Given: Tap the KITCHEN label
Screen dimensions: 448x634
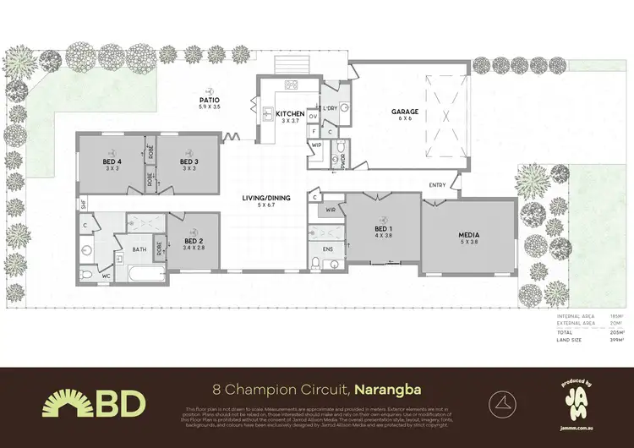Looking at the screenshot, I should pyautogui.click(x=289, y=114).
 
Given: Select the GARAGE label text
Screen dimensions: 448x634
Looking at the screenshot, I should pyautogui.click(x=406, y=112).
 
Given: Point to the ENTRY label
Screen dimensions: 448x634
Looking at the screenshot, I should pyautogui.click(x=437, y=185).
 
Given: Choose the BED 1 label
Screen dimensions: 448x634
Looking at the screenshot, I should pyautogui.click(x=383, y=228).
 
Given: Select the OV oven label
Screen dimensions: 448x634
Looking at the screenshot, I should pyautogui.click(x=313, y=116).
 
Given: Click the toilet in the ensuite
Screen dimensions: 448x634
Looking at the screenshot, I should pyautogui.click(x=315, y=264).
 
